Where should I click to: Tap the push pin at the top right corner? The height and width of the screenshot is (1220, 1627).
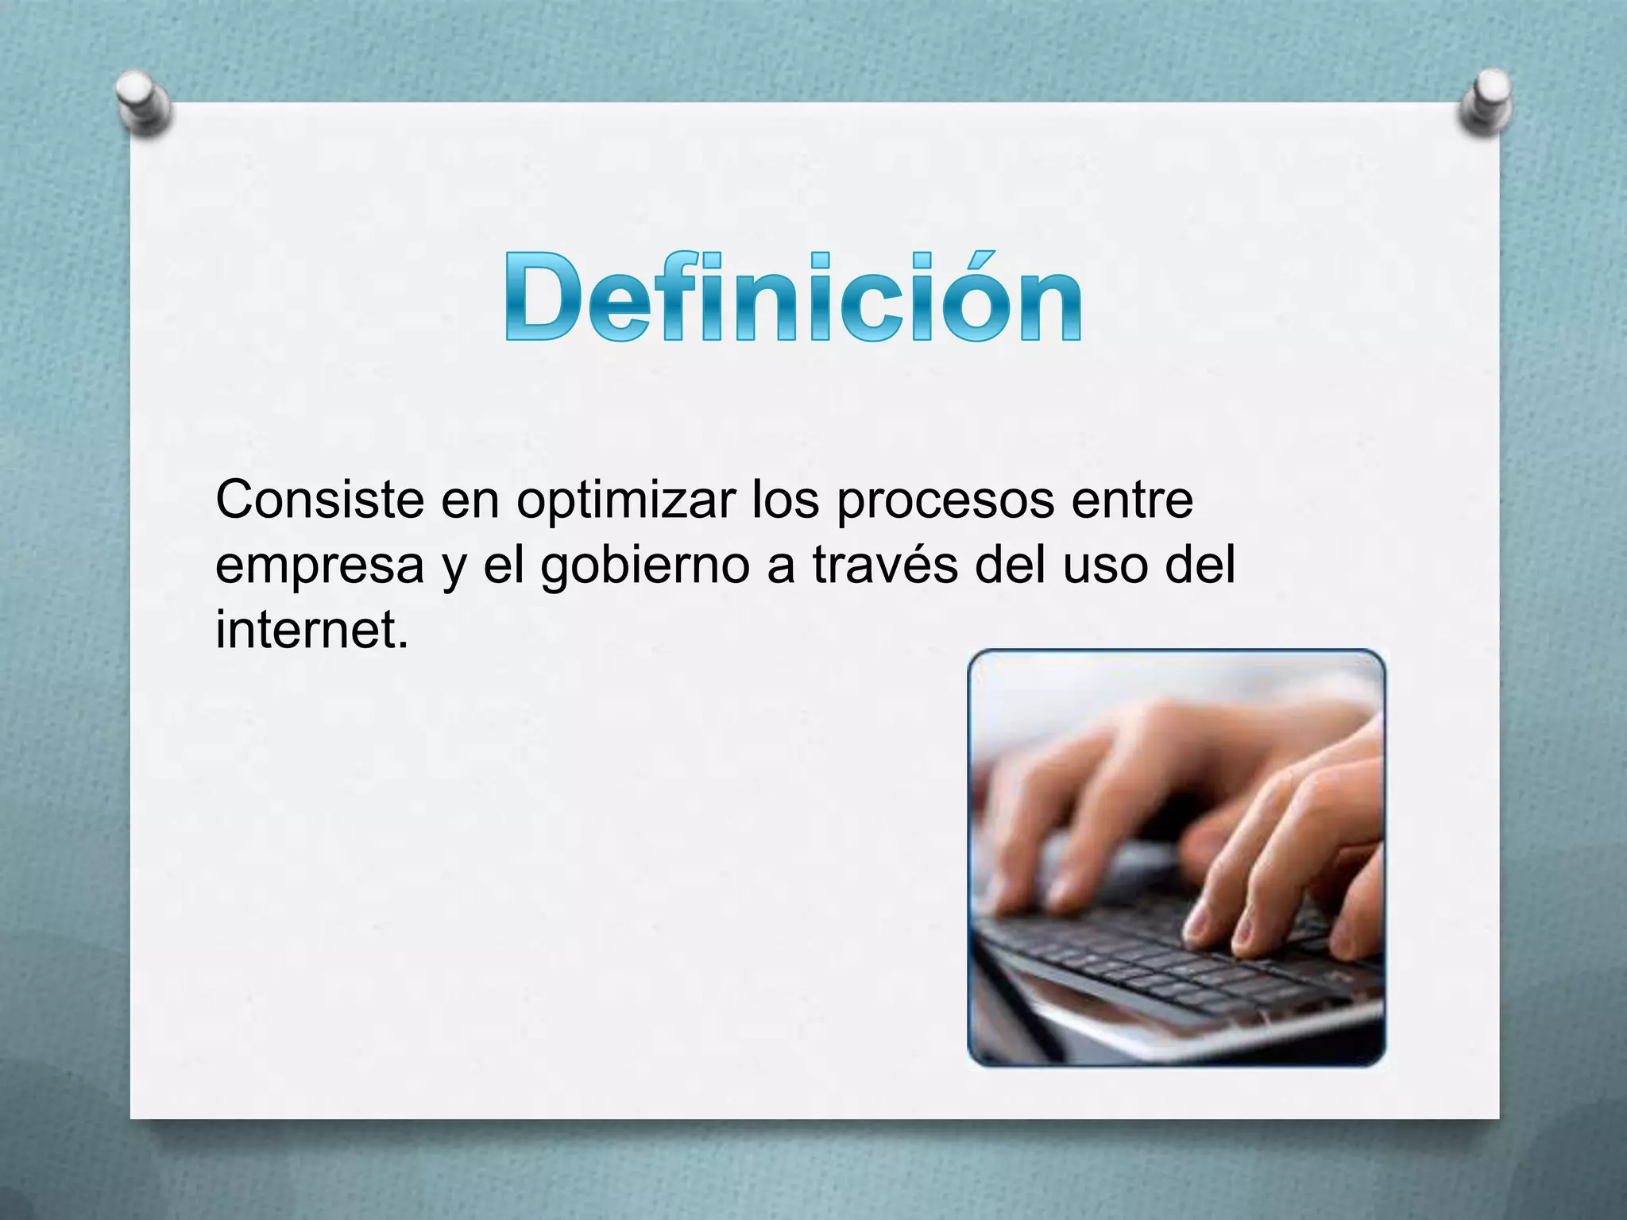tap(1486, 103)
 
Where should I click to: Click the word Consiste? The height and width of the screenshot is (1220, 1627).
tap(319, 500)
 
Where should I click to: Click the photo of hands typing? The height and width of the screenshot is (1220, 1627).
tap(1176, 858)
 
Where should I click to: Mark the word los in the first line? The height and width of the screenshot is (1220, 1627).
tap(785, 500)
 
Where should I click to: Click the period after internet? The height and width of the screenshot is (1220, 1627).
tap(402, 645)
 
